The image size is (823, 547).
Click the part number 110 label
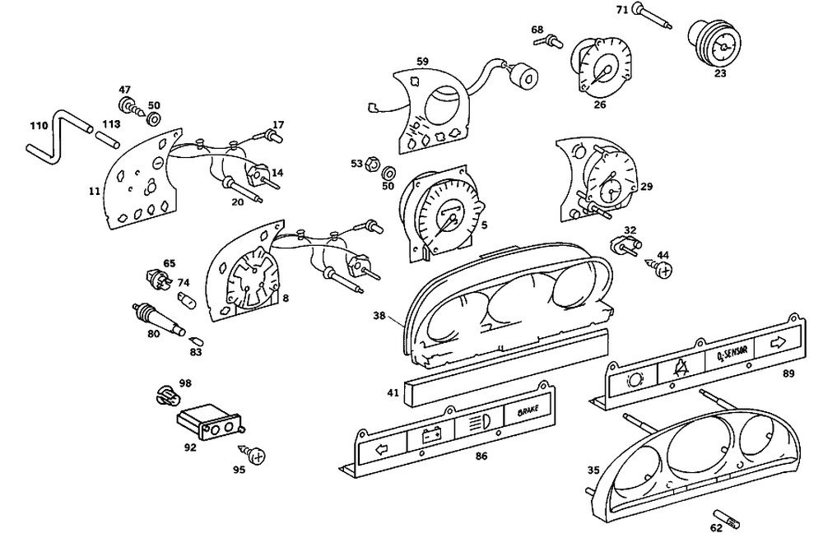click(38, 125)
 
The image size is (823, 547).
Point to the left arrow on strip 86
click(380, 450)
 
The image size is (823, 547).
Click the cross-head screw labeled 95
click(257, 455)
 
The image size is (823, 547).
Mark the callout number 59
click(422, 61)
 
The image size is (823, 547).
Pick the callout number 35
click(593, 471)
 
